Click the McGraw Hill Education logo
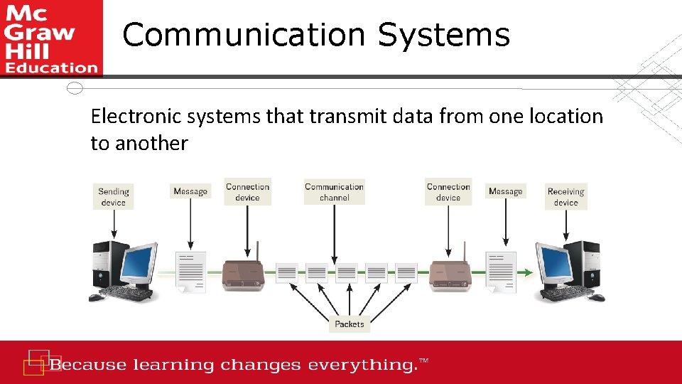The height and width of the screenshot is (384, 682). coord(51,38)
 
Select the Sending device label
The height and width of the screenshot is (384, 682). coord(113,196)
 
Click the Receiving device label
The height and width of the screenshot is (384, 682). coord(565,196)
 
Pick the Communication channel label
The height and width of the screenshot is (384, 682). coord(334,192)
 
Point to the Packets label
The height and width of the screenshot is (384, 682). coord(349,324)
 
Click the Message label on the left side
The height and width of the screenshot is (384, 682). coord(190,191)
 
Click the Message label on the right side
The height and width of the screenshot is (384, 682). coord(505,191)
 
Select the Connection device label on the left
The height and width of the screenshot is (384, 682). coord(247,192)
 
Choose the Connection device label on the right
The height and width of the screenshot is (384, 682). coord(448,192)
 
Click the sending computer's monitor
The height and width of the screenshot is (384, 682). coord(139,264)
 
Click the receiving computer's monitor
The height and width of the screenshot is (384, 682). coord(556,264)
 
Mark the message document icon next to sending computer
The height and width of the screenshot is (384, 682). coord(190,272)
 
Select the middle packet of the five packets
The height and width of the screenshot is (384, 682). coord(346,272)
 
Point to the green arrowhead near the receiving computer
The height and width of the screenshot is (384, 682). coord(527,272)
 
